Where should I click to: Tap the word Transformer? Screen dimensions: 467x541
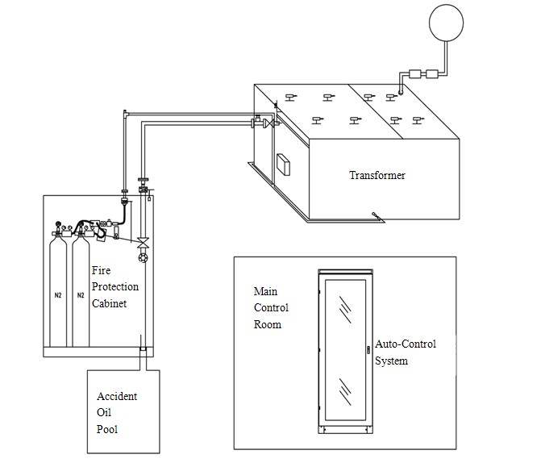click(377, 175)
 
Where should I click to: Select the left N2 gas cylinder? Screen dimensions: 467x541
click(56, 291)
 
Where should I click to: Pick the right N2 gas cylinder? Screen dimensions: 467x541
click(81, 291)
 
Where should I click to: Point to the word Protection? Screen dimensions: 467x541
click(114, 287)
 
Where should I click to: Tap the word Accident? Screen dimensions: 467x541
click(116, 396)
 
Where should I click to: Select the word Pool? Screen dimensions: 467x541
click(106, 429)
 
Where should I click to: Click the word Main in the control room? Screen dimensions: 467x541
click(265, 291)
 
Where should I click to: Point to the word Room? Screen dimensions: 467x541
click(268, 324)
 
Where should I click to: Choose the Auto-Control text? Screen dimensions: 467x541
click(406, 344)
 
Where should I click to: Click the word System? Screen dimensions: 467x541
click(391, 361)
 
